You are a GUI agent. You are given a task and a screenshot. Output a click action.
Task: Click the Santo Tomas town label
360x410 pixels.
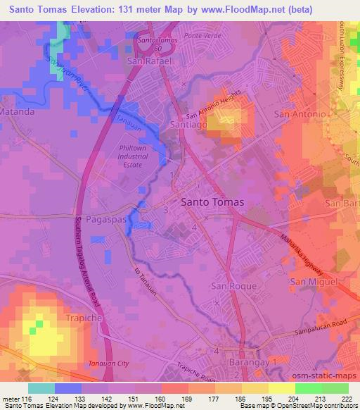pos(212,201)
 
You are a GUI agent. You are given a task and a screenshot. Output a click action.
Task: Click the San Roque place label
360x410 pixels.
pos(229,285)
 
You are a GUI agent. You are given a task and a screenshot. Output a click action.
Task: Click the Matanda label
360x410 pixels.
pos(18,111)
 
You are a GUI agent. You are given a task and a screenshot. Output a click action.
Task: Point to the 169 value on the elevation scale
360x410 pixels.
pos(187,398)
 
